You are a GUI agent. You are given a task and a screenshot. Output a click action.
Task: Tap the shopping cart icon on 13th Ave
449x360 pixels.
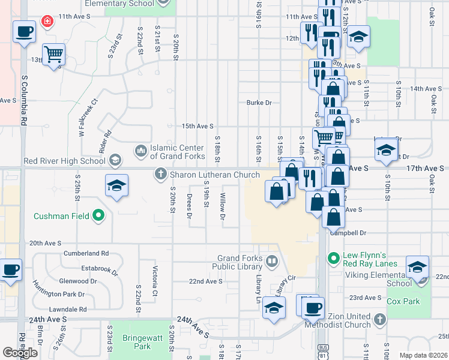pyautogui.click(x=54, y=54)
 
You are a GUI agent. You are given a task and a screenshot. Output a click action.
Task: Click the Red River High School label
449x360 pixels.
pyautogui.click(x=65, y=161)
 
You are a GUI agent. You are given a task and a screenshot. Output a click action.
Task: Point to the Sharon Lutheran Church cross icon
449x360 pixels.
pyautogui.click(x=160, y=175)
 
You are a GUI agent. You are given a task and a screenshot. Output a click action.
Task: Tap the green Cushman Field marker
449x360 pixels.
pyautogui.click(x=100, y=216)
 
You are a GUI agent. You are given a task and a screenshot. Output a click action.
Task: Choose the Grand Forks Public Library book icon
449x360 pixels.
pyautogui.click(x=271, y=262)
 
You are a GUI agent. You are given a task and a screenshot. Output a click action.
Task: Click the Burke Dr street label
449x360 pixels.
pyautogui.click(x=259, y=103)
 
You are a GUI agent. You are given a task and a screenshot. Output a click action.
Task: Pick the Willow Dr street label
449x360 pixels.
pyautogui.click(x=223, y=206)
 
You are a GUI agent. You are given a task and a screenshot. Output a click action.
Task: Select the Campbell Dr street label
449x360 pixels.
pyautogui.click(x=363, y=233)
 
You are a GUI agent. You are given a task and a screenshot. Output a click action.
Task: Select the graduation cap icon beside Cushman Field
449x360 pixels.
pyautogui.click(x=117, y=186)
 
